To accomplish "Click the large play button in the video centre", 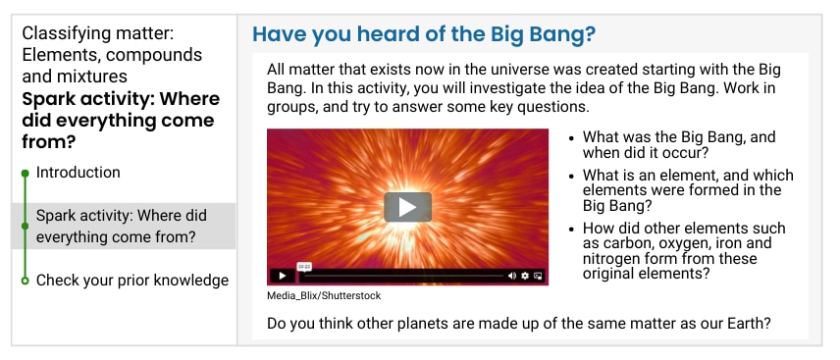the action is [x=407, y=207].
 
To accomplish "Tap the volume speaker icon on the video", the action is [x=511, y=276].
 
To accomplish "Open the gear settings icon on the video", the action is [x=525, y=276].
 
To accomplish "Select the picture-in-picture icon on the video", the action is [x=538, y=276].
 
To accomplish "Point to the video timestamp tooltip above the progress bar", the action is [x=304, y=266].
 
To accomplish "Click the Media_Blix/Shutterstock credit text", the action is [x=324, y=295].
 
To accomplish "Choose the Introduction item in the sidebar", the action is [x=79, y=173].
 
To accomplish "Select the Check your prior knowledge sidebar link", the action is [x=132, y=281].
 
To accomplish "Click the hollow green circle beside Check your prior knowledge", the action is [x=25, y=281].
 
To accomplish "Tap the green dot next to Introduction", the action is [x=25, y=173].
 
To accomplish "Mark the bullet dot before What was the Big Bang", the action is [x=571, y=137].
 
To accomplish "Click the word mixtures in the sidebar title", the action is [x=94, y=77].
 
